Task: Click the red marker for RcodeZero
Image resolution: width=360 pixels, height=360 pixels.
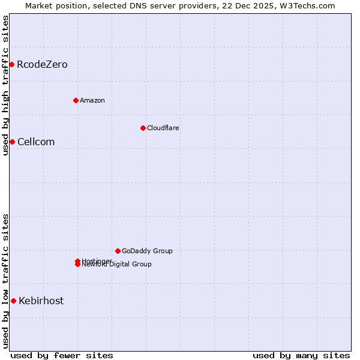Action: point(11,64)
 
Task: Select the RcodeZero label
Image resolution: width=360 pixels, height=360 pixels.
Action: point(42,65)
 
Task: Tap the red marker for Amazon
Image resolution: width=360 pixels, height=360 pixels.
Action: point(76,100)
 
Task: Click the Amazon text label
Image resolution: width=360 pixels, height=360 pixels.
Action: point(92,100)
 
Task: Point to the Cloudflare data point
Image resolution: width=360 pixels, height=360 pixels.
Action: point(143,128)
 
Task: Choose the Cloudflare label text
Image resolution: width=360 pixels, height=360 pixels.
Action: point(163,128)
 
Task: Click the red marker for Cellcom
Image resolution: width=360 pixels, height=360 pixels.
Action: point(12,142)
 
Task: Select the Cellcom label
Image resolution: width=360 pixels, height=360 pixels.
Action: point(36,142)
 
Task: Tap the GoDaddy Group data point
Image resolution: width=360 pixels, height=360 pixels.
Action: point(118,251)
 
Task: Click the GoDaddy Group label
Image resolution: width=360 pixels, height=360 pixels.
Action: point(147,251)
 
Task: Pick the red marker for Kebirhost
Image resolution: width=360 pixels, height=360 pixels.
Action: point(13,301)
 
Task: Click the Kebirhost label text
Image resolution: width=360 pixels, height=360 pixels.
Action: point(41,301)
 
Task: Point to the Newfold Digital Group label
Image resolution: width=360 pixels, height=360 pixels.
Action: point(117,265)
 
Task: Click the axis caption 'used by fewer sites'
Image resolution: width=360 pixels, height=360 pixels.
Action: point(62,355)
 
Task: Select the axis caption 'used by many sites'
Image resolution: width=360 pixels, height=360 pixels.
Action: point(301,355)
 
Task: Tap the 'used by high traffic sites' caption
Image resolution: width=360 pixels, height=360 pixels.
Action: point(5,85)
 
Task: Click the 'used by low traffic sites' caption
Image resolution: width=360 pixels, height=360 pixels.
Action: point(5,280)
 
